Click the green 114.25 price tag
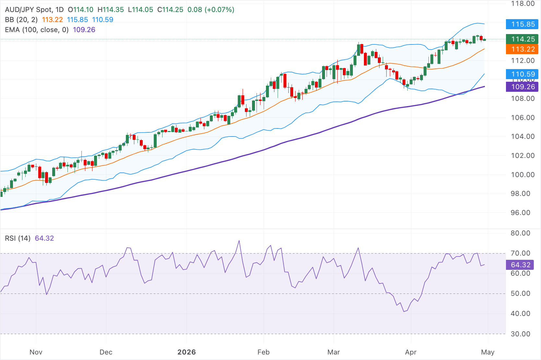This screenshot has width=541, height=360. (522, 39)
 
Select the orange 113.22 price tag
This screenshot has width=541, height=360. (522, 49)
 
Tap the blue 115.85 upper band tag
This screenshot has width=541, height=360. (522, 24)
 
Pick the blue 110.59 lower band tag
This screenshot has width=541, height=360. (522, 74)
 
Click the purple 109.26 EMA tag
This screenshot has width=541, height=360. (522, 87)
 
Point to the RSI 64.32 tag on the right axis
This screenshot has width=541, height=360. (520, 265)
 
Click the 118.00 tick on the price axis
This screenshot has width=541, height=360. (523, 4)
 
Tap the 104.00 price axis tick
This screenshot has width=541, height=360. (523, 137)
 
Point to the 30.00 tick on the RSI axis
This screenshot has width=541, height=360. (520, 334)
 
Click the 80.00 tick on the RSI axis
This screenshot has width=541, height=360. (520, 233)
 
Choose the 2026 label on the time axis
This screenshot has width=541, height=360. (186, 352)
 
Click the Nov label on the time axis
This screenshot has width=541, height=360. (36, 352)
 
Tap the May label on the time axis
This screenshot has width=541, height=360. (487, 352)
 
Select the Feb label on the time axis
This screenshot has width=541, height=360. (263, 352)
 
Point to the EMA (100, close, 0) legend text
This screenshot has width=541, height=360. (37, 30)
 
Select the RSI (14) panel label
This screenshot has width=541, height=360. (18, 238)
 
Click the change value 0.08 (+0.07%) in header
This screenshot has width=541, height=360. (211, 10)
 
